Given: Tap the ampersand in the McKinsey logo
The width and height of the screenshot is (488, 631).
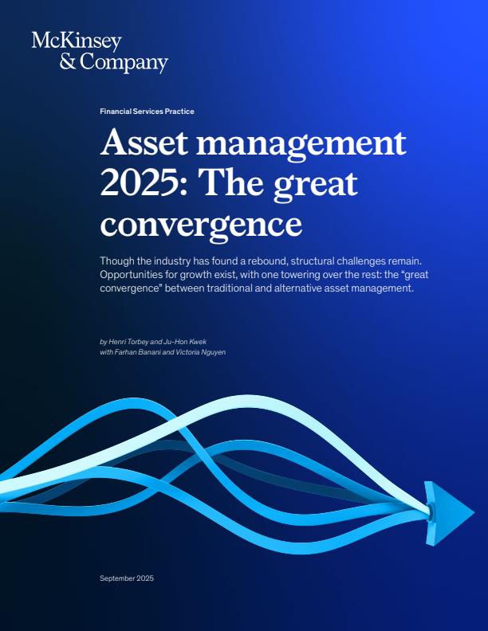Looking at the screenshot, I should (69, 62).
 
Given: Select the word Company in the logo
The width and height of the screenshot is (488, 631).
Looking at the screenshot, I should (124, 63).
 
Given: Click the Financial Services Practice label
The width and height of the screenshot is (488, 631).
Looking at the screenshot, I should (147, 112).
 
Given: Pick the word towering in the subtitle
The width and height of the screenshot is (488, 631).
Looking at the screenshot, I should (289, 275).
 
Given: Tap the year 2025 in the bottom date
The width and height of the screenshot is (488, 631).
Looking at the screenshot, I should (146, 578).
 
